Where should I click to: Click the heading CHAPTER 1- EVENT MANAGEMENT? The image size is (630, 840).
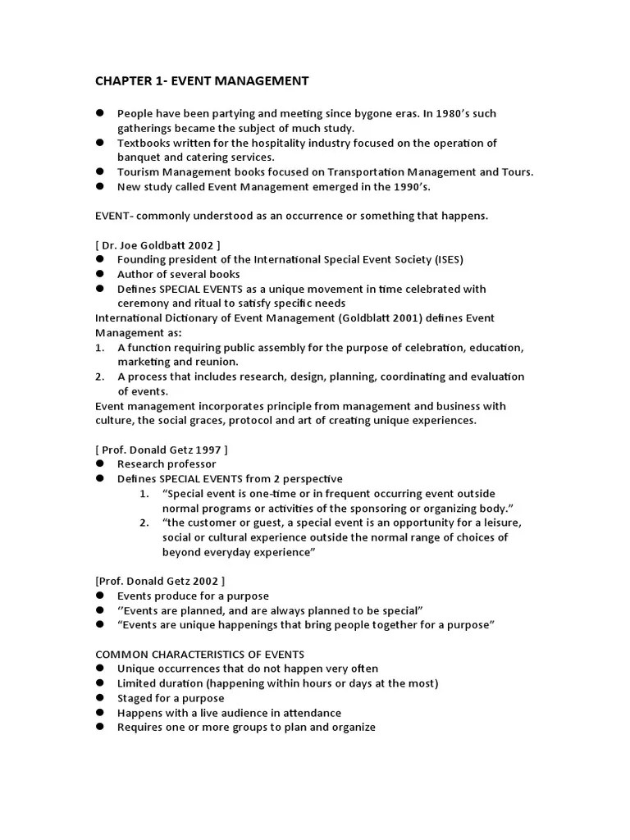coord(202,80)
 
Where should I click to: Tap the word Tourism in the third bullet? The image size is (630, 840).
coord(139,171)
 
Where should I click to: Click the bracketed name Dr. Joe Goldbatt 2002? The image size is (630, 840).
coord(157,244)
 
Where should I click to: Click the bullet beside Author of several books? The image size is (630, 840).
coord(100,274)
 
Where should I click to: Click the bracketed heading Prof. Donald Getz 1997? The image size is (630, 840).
coord(162,450)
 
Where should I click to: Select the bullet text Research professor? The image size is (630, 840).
coord(167,464)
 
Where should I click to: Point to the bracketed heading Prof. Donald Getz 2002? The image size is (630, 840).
coord(160,581)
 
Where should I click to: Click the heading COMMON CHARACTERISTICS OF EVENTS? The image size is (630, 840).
coord(200,654)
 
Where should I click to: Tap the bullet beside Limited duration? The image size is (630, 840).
coord(100,683)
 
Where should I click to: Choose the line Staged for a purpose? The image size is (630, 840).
coord(171,698)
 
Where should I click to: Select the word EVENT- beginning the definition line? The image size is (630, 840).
coord(115,215)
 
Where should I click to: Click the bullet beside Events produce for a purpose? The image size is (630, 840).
coord(100,596)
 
